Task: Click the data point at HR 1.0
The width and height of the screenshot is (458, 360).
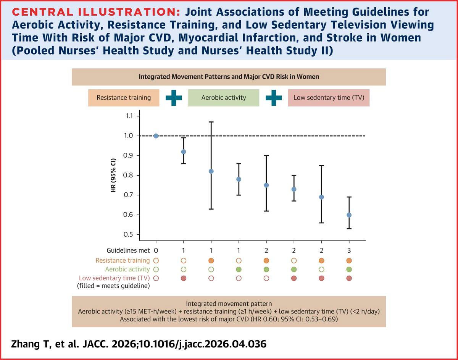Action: click(156, 136)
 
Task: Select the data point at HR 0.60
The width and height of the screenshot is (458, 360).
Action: click(349, 215)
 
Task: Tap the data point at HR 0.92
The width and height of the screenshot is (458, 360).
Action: click(184, 152)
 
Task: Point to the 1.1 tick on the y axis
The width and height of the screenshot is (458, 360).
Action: click(138, 116)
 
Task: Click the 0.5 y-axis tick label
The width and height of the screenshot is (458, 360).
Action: click(128, 234)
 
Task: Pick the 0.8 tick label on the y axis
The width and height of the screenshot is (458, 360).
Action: click(128, 175)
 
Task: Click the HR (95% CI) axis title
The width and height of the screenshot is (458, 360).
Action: click(113, 175)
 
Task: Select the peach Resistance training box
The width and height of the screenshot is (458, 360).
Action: click(124, 98)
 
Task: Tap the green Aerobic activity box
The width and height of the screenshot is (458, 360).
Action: click(224, 98)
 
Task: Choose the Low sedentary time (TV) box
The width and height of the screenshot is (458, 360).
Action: click(329, 98)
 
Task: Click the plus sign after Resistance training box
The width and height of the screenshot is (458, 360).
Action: click(174, 98)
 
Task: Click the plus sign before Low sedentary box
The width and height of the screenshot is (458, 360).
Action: click(274, 98)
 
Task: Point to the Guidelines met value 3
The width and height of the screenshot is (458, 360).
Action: click(349, 250)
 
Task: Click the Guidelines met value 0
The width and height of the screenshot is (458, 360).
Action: click(156, 250)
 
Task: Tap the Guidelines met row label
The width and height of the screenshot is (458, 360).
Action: click(128, 250)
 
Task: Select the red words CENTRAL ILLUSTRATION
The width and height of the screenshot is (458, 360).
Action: click(96, 12)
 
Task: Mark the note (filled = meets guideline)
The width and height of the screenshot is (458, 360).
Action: click(113, 286)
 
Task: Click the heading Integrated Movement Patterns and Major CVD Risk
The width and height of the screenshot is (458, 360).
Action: click(229, 77)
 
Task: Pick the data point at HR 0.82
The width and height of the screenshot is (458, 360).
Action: click(211, 171)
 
